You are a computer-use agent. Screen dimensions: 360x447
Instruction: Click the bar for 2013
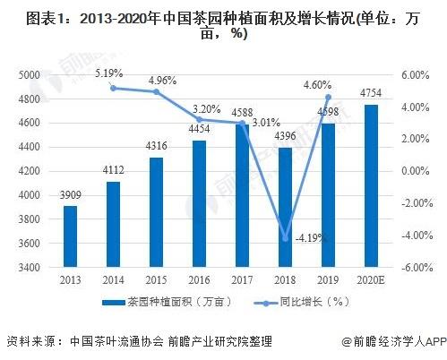pos(70,236)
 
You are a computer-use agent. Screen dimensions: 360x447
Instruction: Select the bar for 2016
pos(199,203)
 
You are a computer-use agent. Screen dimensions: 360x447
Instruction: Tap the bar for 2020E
pos(371,185)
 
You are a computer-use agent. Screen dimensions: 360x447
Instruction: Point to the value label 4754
pos(371,95)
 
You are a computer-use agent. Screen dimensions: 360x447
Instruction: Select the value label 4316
pos(156,148)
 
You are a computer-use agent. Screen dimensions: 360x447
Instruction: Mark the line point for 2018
pos(286,238)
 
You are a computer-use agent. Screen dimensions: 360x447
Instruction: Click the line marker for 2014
pos(114,88)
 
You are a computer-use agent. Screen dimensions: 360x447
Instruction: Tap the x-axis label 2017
pos(242,281)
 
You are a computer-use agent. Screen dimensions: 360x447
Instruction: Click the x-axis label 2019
pos(328,281)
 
